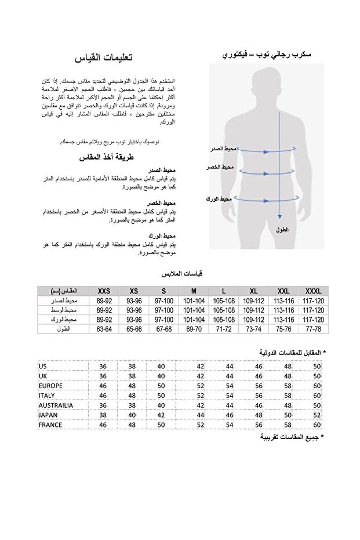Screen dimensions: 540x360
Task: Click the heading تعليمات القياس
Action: click(104, 58)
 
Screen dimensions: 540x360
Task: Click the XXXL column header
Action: click(314, 291)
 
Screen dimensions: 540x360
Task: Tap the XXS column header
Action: click(104, 291)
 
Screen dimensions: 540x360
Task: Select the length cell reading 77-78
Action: click(314, 329)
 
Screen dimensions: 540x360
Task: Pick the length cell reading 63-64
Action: click(104, 329)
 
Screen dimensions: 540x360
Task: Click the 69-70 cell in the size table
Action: click(194, 329)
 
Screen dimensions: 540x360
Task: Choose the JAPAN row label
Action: click(48, 415)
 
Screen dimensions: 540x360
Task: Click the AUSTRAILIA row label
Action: click(56, 405)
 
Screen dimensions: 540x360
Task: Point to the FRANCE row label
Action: click(50, 425)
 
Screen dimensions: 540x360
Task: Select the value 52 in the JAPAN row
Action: click(317, 415)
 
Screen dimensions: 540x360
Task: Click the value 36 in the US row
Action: click(103, 366)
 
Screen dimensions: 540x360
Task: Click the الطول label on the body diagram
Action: click(282, 230)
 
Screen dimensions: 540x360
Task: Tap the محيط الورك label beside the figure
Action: click(219, 199)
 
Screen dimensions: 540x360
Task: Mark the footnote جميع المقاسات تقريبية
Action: click(293, 437)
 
